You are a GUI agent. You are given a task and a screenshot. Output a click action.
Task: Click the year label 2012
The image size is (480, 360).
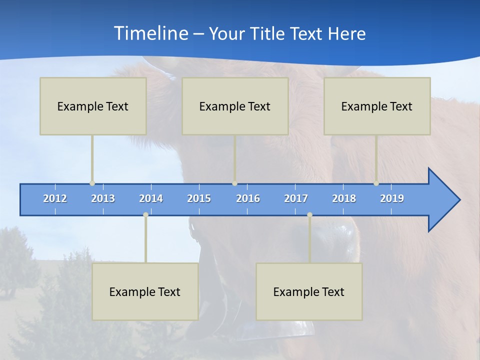55,198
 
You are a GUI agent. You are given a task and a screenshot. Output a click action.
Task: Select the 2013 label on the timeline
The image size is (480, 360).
103,198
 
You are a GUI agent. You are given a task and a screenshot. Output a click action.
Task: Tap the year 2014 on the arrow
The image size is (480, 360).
151,198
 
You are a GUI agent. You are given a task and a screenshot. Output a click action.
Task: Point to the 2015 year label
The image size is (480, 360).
199,198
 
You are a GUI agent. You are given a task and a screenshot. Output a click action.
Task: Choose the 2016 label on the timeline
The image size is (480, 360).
248,198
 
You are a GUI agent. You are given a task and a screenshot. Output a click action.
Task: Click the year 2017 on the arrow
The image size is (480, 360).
296,198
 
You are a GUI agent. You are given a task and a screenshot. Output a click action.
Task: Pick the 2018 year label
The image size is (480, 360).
344,198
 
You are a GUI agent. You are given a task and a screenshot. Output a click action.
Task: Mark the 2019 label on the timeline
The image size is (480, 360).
392,198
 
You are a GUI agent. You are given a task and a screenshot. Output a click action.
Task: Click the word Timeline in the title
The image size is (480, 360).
150,33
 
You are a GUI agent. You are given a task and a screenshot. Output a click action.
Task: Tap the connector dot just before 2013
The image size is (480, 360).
92,183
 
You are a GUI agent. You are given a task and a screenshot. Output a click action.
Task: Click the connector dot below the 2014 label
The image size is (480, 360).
145,214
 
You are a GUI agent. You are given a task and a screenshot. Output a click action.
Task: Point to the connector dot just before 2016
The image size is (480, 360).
234,183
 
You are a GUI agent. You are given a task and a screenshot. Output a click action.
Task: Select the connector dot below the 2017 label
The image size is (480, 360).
309,214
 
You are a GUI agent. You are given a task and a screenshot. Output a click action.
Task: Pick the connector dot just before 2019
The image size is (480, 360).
376,183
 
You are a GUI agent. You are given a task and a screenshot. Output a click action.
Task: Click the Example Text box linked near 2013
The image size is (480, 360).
93,106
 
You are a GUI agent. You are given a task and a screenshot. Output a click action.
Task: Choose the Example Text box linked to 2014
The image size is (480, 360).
145,291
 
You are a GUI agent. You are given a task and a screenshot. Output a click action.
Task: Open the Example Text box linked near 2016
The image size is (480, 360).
235,106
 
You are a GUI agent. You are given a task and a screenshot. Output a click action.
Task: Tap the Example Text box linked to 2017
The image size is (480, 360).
309,291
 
